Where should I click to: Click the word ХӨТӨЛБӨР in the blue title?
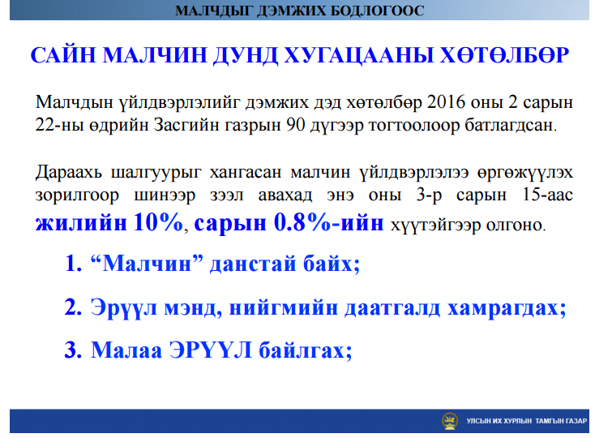505,55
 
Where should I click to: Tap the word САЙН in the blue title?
63,54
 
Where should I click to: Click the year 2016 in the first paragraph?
446,101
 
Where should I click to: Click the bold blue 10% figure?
158,222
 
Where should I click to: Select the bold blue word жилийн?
81,222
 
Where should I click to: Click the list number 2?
73,307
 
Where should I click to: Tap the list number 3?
73,350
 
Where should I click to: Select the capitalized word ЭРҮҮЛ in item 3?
211,350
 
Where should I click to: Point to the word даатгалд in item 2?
392,307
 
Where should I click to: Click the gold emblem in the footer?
449,421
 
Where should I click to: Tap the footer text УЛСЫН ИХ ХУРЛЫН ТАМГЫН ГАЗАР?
527,421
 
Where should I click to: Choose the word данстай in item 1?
253,264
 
